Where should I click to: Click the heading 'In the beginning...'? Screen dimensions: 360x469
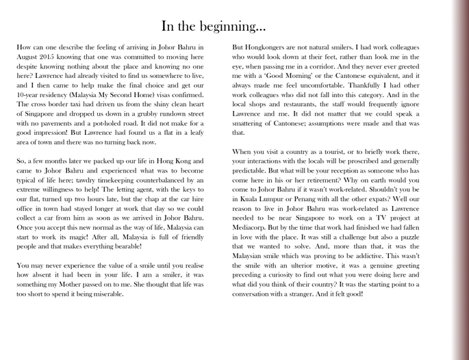click(214, 27)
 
